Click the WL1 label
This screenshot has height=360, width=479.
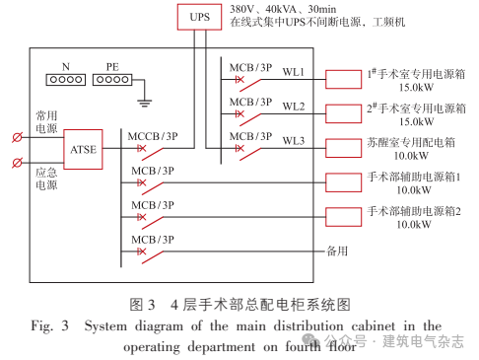[x=294, y=73]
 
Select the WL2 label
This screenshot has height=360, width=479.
[x=294, y=106]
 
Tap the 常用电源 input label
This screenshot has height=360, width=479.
[x=45, y=121]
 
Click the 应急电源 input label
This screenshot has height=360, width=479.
[x=45, y=178]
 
